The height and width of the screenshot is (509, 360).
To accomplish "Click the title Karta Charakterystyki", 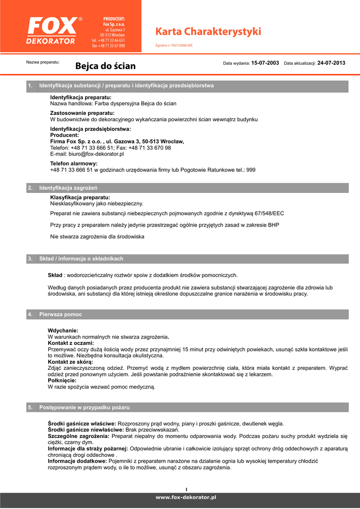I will pyautogui.click(x=208, y=32).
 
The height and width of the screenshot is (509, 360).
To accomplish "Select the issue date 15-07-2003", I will pyautogui.click(x=265, y=63).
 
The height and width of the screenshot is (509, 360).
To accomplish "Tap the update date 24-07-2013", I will pyautogui.click(x=331, y=63).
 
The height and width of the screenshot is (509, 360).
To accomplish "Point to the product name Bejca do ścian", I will pyautogui.click(x=105, y=66).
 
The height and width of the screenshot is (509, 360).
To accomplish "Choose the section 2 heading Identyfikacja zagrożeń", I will pyautogui.click(x=68, y=188).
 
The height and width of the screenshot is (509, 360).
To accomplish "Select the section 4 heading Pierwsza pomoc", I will pyautogui.click(x=61, y=315).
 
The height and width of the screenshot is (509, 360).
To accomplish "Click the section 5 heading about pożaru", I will pyautogui.click(x=85, y=408).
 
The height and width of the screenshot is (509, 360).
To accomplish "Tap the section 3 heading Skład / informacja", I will pyautogui.click(x=81, y=259).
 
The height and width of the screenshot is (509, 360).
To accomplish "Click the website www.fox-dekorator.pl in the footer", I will pyautogui.click(x=186, y=497).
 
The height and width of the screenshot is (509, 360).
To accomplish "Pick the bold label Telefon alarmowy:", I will pyautogui.click(x=74, y=164).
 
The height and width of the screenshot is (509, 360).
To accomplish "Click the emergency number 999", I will pyautogui.click(x=251, y=170).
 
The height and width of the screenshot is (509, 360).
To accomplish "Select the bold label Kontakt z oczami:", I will pyautogui.click(x=71, y=343).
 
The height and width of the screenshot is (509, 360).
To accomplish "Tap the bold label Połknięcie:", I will pyautogui.click(x=62, y=380).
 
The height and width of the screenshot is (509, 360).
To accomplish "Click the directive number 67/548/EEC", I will pyautogui.click(x=269, y=213).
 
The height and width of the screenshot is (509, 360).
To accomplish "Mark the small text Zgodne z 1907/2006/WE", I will pyautogui.click(x=175, y=45).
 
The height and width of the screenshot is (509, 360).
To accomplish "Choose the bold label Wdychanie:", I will pyautogui.click(x=63, y=331).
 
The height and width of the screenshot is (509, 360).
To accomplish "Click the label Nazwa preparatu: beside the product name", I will pyautogui.click(x=43, y=62).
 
